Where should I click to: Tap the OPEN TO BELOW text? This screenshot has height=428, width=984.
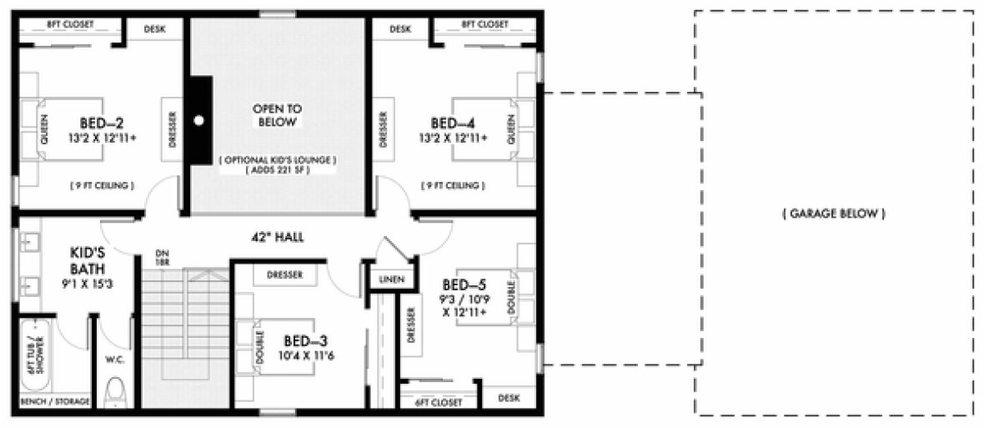click(x=277, y=115)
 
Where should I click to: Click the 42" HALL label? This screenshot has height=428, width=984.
click(x=277, y=238)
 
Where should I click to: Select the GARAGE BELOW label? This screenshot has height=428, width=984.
click(x=833, y=214)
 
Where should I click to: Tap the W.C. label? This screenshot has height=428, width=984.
click(x=115, y=361)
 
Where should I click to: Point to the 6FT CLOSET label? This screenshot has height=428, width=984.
click(x=438, y=402)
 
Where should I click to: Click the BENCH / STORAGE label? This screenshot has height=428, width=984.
click(x=55, y=402)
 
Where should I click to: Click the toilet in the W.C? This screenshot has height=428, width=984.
click(x=117, y=391)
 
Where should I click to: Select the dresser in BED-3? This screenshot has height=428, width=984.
click(x=285, y=274)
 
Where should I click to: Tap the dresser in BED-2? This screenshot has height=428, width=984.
click(x=173, y=130)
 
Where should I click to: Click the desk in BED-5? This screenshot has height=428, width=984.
click(x=509, y=398)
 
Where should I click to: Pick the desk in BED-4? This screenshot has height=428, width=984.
click(x=400, y=28)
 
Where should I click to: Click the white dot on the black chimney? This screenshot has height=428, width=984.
click(x=198, y=119)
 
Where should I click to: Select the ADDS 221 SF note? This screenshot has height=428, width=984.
click(x=277, y=169)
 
